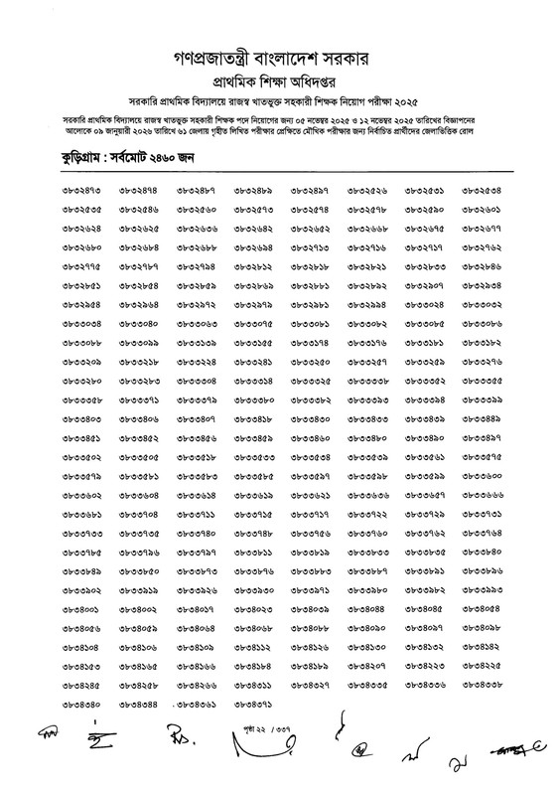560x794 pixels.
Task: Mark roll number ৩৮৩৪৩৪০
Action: (x=82, y=705)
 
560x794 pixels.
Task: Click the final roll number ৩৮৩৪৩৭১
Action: (x=254, y=705)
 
